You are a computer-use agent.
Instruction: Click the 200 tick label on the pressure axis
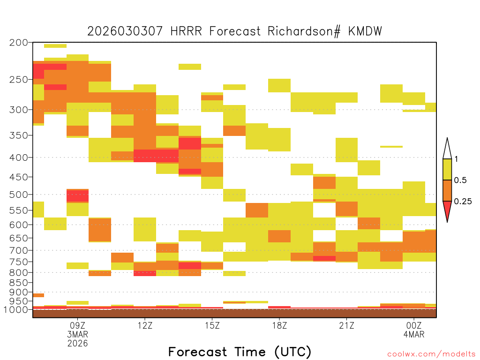[x=18, y=43]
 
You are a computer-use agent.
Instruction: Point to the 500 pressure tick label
[x=18, y=195]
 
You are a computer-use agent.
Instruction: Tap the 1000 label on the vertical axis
[x=15, y=309]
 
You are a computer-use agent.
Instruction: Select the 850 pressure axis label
[x=18, y=283]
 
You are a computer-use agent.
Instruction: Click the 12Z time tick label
[x=145, y=325]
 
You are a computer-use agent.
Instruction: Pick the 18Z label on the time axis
[x=279, y=325]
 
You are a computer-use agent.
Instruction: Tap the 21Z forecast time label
[x=346, y=325]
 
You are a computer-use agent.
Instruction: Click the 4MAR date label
[x=414, y=334]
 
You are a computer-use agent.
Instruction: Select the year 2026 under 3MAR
[x=77, y=343]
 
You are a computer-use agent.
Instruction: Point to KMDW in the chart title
[x=365, y=31]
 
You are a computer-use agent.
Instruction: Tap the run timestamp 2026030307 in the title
[x=125, y=31]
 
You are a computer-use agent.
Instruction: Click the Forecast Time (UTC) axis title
[x=240, y=352]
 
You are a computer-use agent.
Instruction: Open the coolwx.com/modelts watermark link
[x=431, y=354]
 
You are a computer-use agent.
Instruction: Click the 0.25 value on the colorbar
[x=463, y=201]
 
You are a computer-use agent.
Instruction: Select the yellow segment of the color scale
[x=447, y=169]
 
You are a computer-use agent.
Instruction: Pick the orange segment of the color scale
[x=447, y=190]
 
